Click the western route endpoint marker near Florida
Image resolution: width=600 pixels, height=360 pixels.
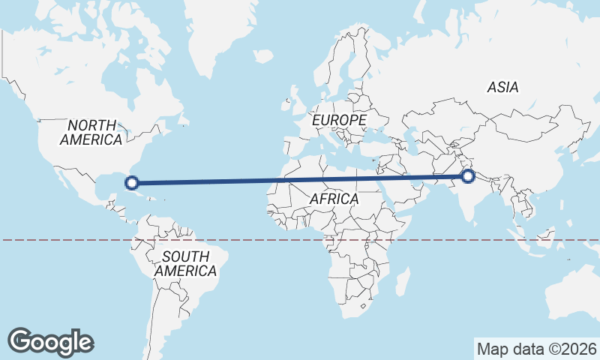pyautogui.click(x=132, y=182)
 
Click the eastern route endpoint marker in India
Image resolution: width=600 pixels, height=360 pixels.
pyautogui.click(x=469, y=176)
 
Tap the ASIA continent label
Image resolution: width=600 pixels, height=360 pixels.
pyautogui.click(x=502, y=88)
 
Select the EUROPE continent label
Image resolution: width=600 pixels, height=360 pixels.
pyautogui.click(x=339, y=120)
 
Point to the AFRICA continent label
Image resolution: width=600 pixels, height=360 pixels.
pyautogui.click(x=334, y=199)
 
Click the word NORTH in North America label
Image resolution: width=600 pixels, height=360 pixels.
pyautogui.click(x=91, y=125)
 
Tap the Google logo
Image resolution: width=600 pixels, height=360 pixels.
pyautogui.click(x=51, y=341)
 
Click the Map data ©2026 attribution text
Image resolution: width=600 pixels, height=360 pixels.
pyautogui.click(x=537, y=349)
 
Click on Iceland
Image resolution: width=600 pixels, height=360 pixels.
pyautogui.click(x=262, y=55)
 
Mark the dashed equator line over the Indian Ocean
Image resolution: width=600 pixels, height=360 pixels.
pyautogui.click(x=450, y=240)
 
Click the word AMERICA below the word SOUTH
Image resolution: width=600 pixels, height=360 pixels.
pyautogui.click(x=186, y=271)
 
